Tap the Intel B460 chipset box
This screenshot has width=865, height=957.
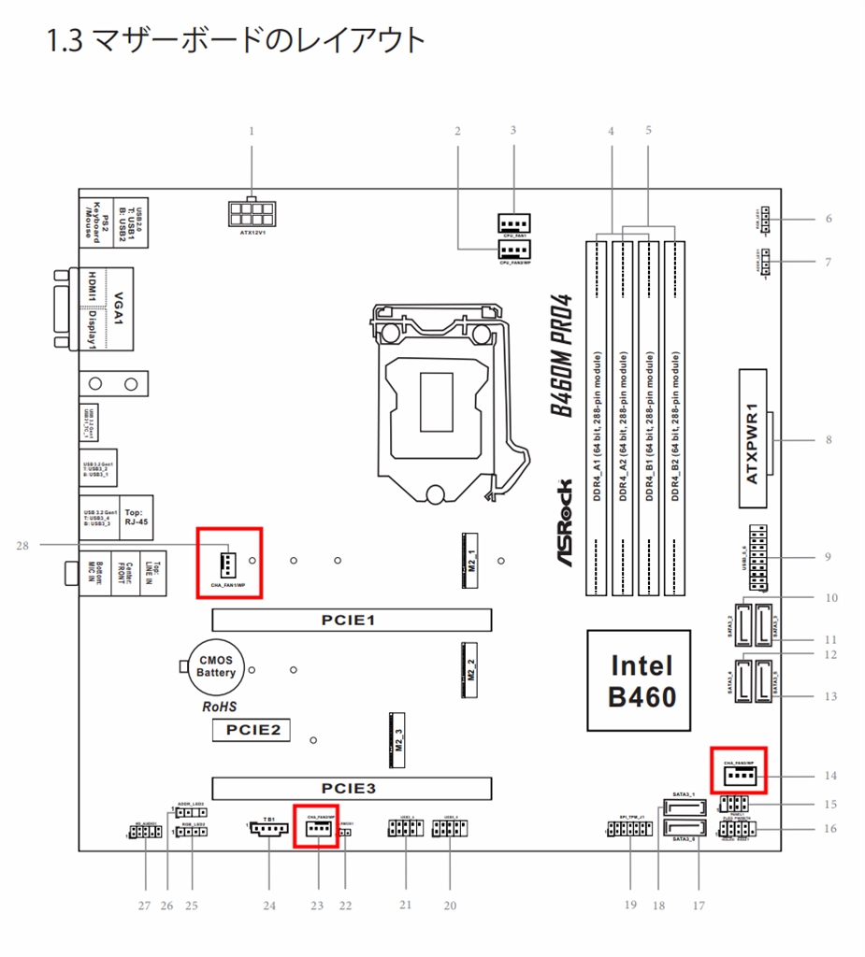click(x=640, y=679)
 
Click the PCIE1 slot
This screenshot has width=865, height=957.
click(x=352, y=620)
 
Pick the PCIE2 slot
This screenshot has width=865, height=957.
click(x=250, y=730)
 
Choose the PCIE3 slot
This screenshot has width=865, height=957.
click(x=352, y=788)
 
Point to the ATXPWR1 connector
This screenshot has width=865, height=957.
click(x=757, y=438)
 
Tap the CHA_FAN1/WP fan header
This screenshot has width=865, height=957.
click(x=227, y=563)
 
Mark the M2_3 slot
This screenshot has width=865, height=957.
click(x=396, y=738)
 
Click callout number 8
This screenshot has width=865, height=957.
click(x=828, y=439)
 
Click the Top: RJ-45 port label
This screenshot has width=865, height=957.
click(x=137, y=518)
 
